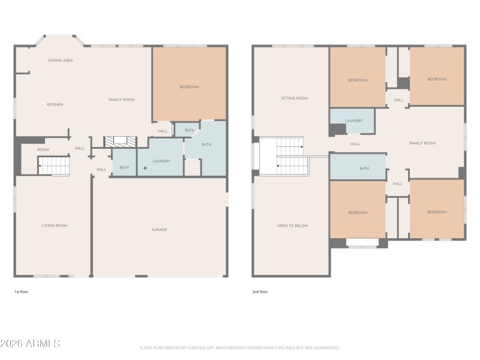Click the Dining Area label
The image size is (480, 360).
[x=61, y=61]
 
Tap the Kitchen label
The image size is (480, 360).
[x=55, y=104]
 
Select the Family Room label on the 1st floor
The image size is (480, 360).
[x=121, y=100]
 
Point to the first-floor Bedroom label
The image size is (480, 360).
[x=189, y=87]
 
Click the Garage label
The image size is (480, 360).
[x=159, y=229]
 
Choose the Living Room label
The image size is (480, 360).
[x=54, y=226]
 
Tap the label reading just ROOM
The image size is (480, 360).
[x=43, y=149]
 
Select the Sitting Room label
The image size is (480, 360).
[x=295, y=98]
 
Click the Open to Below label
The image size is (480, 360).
[x=292, y=226]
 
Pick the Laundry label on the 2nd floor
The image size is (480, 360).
[x=353, y=121]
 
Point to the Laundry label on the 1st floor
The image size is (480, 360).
[x=161, y=161]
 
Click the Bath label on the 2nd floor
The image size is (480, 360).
[x=364, y=168]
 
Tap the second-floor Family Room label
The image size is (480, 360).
[x=422, y=143]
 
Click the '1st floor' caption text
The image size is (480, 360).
[x=22, y=292]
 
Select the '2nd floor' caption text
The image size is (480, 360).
[x=260, y=292]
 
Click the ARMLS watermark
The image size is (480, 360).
[x=30, y=344]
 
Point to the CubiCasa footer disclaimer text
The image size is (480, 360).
[x=240, y=347]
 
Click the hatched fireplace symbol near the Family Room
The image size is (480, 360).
[x=120, y=142]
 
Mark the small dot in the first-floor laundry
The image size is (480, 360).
[x=145, y=169]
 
